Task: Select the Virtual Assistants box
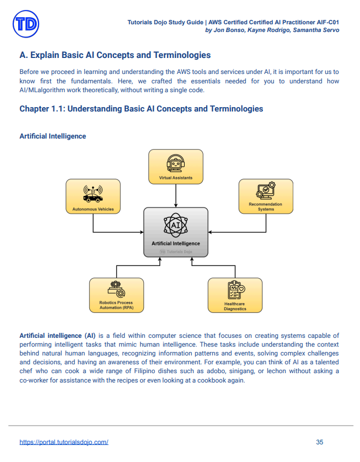[176, 166]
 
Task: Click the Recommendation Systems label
[265, 206]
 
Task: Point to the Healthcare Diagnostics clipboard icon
[235, 290]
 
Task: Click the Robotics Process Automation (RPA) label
[116, 305]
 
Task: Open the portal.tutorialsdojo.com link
[64, 442]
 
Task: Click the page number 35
[320, 442]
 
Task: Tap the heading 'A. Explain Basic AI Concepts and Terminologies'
[115, 55]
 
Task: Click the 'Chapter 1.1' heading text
[141, 109]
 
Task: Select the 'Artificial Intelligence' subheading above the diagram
[52, 136]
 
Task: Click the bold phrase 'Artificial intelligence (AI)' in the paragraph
[57, 336]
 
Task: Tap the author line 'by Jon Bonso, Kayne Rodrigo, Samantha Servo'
[272, 30]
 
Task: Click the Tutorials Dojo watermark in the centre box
[176, 251]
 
